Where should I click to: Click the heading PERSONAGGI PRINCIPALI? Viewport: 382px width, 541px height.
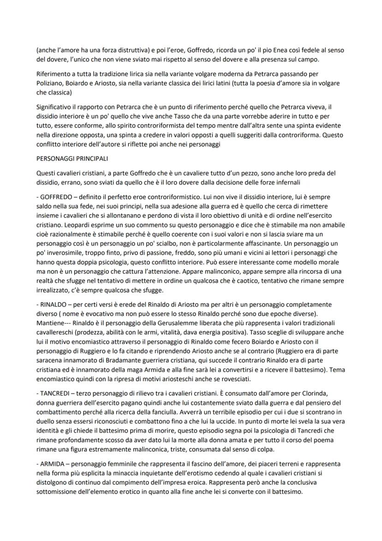[x=72, y=158]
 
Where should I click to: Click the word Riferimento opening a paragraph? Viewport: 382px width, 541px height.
[x=54, y=73]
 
